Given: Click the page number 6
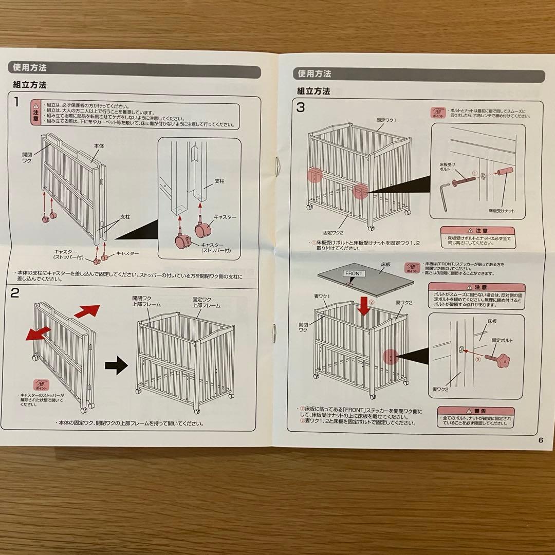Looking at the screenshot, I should tap(541, 439).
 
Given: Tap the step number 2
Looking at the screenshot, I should tap(15, 293).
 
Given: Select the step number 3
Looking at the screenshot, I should tap(301, 107).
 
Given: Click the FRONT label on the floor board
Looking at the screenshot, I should tap(354, 274).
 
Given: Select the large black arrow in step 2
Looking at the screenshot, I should tap(116, 366).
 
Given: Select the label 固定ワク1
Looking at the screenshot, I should tap(386, 120).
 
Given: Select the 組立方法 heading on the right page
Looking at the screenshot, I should tap(313, 91).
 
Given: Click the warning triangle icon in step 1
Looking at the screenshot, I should tap(36, 104).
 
